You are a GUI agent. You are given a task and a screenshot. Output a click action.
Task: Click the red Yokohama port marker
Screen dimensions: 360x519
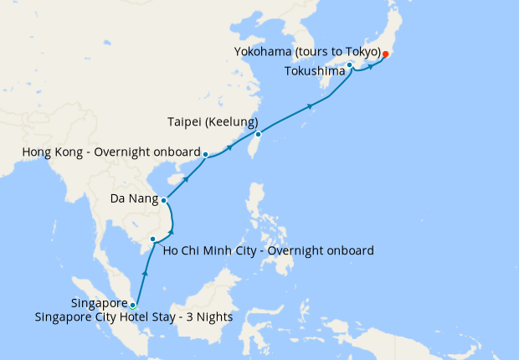pos(385,54)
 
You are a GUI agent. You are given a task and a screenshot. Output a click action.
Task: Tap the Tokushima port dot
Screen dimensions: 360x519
pos(350,64)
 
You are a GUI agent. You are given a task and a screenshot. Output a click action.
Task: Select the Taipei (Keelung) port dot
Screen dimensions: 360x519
pos(258,134)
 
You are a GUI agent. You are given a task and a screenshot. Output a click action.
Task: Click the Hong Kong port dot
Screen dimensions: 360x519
pos(205,154)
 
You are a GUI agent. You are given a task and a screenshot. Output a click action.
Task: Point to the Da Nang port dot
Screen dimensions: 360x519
pos(164,200)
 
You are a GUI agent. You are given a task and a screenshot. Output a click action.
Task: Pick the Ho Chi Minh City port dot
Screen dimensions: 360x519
pos(152,239)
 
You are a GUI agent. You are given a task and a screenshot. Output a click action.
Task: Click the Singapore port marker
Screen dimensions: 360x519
pos(132,305)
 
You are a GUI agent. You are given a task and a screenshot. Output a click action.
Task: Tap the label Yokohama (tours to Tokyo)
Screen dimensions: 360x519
pos(308,52)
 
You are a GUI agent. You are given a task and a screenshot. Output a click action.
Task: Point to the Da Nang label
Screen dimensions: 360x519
pos(133,199)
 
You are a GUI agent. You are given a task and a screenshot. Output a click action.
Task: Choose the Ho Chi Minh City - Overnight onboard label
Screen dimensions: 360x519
pos(268,250)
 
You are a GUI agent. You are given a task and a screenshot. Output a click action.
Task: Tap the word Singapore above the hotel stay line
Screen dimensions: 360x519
pos(100,303)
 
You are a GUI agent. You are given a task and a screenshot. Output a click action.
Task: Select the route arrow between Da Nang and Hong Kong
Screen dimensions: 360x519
pos(185,178)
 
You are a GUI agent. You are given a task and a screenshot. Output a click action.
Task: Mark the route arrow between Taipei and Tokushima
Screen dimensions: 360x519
pos(311,106)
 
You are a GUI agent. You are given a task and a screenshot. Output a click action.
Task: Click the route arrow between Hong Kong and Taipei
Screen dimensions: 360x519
pos(229,149)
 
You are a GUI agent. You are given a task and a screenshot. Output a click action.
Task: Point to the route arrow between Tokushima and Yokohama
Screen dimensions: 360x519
pos(369,66)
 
